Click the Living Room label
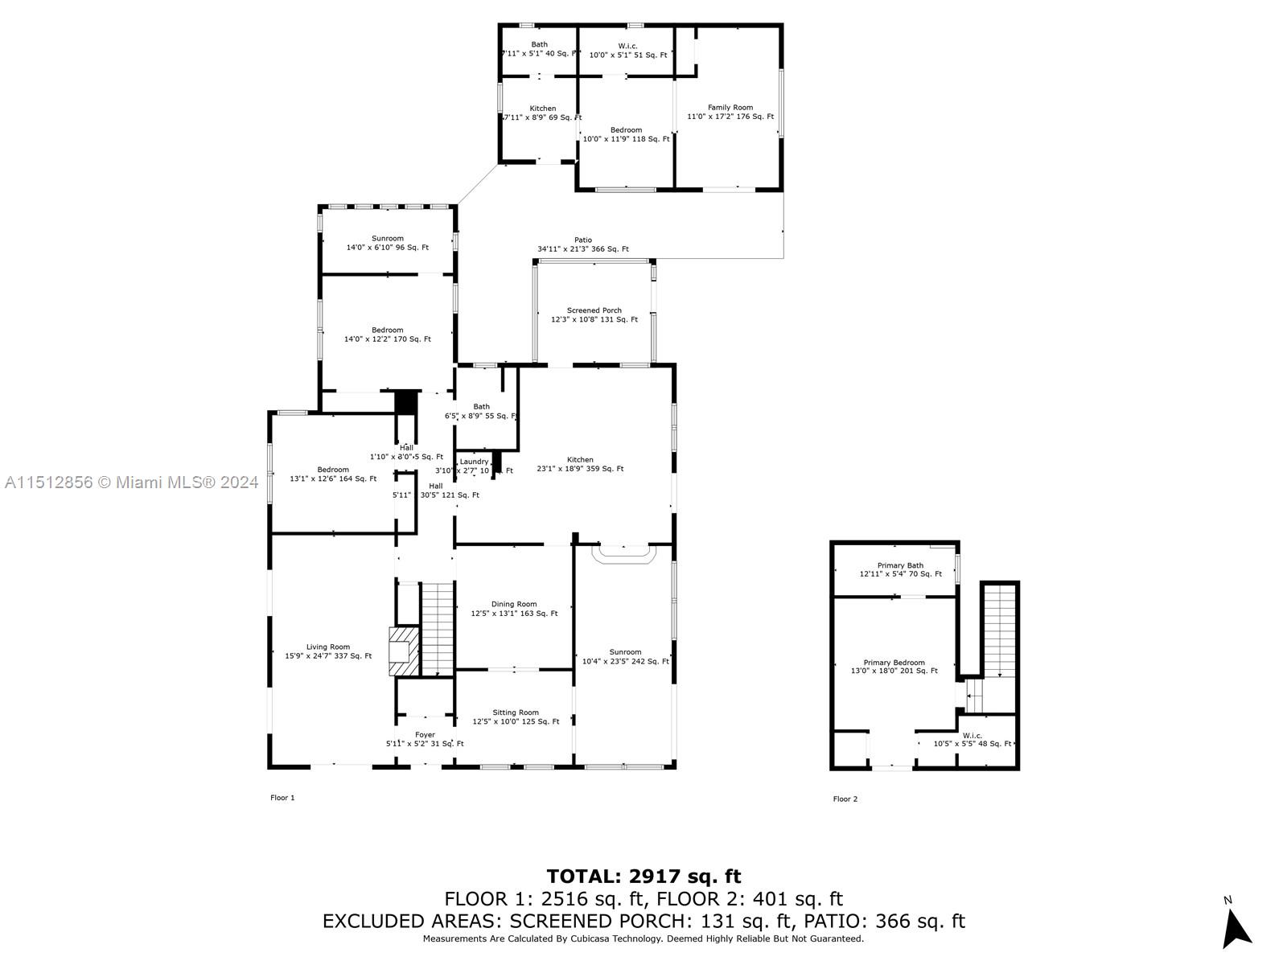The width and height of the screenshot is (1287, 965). coord(328,647)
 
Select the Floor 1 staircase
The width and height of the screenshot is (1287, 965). coord(438,629)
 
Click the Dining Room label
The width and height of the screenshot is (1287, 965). coord(514,604)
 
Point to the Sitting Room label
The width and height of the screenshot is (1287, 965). coord(516,712)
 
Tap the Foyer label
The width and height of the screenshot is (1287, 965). coord(425,734)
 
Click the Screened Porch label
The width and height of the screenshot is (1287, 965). coord(594,310)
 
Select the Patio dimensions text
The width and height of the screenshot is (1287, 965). coord(583,249)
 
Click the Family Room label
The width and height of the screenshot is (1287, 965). coord(730,107)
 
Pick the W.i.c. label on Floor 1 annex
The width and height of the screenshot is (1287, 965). coord(627,46)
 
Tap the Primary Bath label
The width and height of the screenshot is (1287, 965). coord(900,565)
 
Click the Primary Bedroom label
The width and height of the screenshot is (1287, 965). coord(894,663)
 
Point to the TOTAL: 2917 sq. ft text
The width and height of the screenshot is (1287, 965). coord(643,876)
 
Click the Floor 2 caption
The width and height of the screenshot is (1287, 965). coord(845,799)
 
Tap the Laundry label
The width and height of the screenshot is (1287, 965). coord(474,462)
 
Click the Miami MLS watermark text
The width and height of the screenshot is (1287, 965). coord(131,482)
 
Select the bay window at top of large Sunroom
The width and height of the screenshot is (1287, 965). coord(623,554)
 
